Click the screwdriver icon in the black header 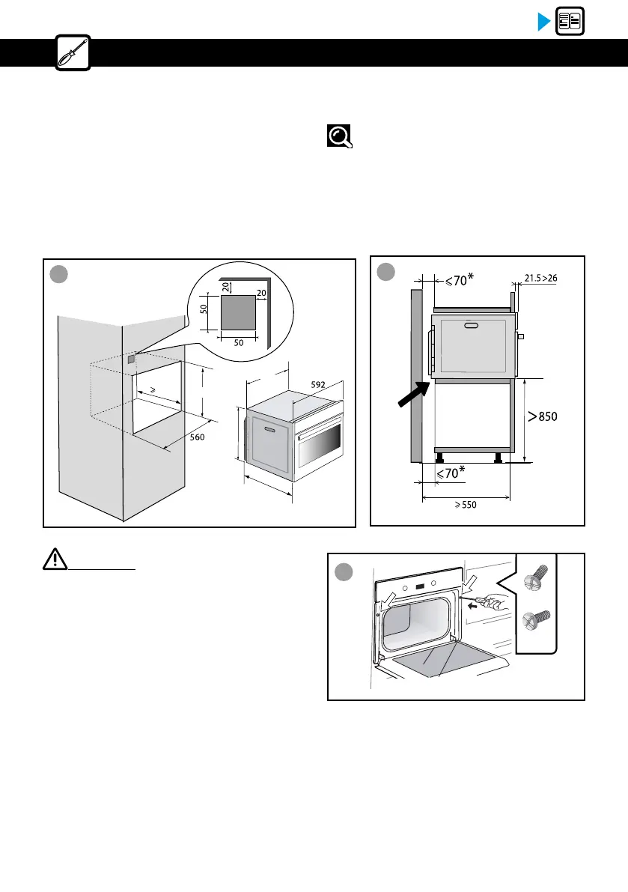(73, 53)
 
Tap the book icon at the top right (570, 22)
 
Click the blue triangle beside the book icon (544, 22)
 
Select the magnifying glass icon (339, 136)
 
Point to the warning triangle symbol (52, 561)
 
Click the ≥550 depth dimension (464, 505)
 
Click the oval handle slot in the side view (472, 326)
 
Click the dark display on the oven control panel (420, 587)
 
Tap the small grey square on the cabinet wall (132, 359)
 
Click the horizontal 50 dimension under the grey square (239, 342)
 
